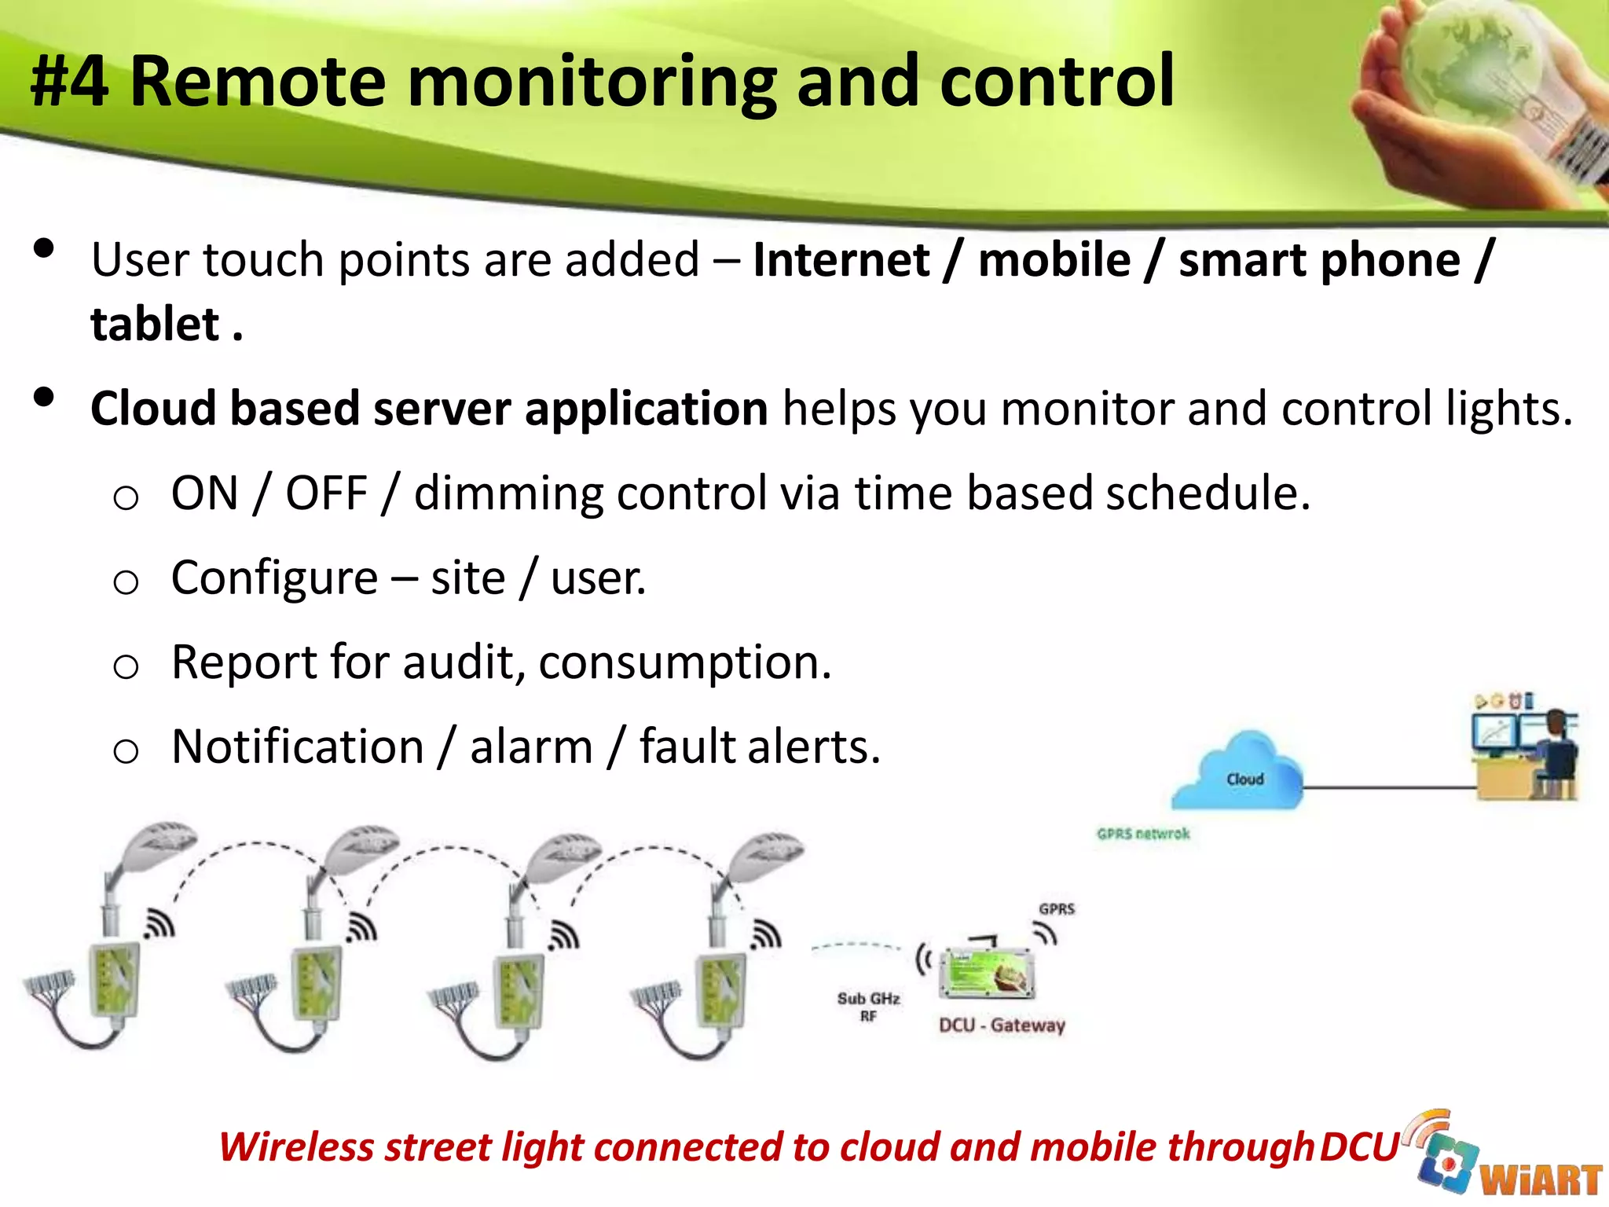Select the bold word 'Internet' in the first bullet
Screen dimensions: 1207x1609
[x=841, y=260]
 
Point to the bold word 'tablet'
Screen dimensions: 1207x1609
[x=155, y=325]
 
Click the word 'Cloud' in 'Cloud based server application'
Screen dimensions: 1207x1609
[x=153, y=409]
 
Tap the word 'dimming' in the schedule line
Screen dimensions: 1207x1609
[x=510, y=493]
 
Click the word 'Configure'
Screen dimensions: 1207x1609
[x=274, y=578]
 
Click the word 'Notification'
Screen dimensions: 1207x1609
[x=297, y=747]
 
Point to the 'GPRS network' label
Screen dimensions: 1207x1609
[x=1143, y=834]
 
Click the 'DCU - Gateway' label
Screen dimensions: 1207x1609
[x=1002, y=1025]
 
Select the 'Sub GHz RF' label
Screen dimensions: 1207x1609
[x=868, y=1007]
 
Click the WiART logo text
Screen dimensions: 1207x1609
[x=1540, y=1179]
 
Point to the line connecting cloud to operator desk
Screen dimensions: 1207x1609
[x=1387, y=787]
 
